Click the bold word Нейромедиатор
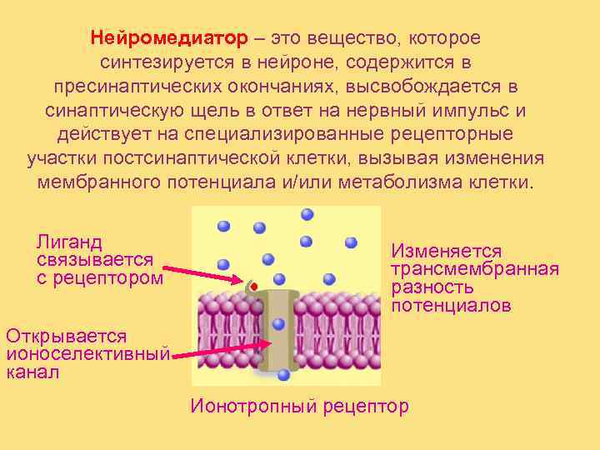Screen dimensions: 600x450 pyautogui.click(x=169, y=39)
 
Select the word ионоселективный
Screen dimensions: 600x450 pyautogui.click(x=87, y=354)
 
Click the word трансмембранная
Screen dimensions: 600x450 pyautogui.click(x=475, y=269)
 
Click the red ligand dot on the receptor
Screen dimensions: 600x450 pyautogui.click(x=253, y=287)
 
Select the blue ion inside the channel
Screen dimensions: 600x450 pyautogui.click(x=278, y=324)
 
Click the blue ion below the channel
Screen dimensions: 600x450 pyautogui.click(x=283, y=375)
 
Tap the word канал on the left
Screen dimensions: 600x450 pyautogui.click(x=32, y=372)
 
